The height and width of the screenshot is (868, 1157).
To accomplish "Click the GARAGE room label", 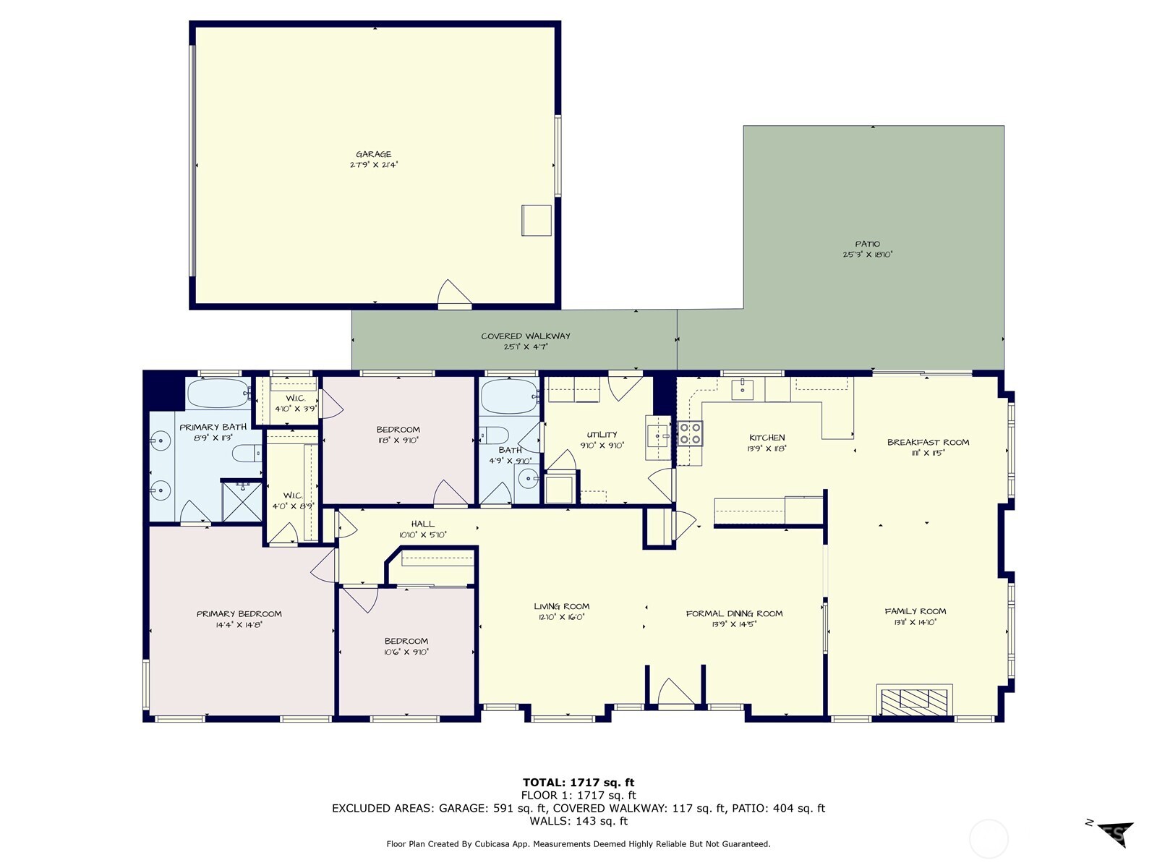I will point(373,154).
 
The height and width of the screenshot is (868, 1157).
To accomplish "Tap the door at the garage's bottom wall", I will point(455,294).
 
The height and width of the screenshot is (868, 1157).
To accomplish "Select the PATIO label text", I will point(868,244).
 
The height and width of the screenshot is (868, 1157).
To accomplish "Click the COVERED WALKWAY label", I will point(526,336).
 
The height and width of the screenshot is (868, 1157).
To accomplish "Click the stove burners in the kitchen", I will point(689,433).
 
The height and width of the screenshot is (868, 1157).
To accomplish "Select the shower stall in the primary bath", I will point(242,501).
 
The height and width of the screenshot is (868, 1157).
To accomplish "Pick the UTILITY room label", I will point(602,435).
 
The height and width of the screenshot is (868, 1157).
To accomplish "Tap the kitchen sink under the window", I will point(743,389).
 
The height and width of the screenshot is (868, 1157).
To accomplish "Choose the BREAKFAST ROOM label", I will point(928,442).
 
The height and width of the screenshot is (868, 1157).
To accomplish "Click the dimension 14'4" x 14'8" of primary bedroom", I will point(239,624).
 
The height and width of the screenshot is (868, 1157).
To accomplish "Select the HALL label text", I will point(423,524).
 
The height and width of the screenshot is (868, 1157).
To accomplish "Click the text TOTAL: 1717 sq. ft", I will point(578,782).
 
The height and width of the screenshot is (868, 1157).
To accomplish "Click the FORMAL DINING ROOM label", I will point(734,613).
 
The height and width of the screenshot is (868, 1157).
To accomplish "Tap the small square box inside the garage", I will point(537,221).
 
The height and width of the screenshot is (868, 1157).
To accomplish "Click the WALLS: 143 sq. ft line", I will point(578,821).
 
